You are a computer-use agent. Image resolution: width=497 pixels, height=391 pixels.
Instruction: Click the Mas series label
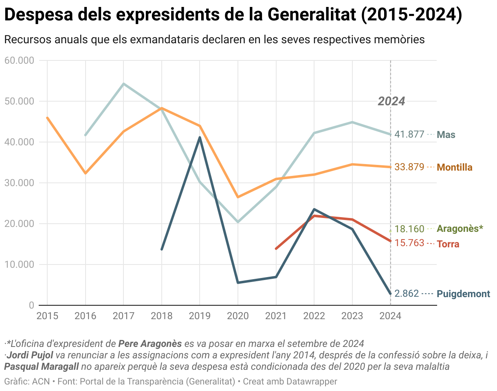point(446,135)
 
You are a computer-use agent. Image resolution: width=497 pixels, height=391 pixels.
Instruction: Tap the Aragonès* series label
point(460,229)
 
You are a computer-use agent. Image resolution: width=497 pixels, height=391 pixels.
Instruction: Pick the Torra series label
point(448,244)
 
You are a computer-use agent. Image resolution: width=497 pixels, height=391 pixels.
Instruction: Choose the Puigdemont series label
point(463,294)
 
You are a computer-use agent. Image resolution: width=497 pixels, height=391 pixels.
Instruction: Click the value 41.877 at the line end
point(409,135)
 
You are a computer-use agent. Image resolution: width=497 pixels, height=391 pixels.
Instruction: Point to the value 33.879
point(409,167)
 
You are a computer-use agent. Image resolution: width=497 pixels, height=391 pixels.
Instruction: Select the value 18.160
point(409,229)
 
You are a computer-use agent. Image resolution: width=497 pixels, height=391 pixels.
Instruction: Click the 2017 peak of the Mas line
point(123,84)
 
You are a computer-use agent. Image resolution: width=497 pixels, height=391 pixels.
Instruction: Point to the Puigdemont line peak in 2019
point(200,137)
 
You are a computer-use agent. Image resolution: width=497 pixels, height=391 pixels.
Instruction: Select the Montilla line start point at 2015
point(47,118)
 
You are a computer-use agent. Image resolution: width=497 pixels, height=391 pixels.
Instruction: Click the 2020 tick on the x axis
point(238,316)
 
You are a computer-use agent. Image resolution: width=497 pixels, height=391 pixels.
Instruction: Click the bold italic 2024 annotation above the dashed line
point(391,101)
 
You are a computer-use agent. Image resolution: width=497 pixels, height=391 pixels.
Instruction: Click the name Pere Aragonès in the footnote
point(150,343)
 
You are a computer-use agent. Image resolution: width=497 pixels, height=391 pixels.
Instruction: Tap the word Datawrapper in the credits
point(312,382)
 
